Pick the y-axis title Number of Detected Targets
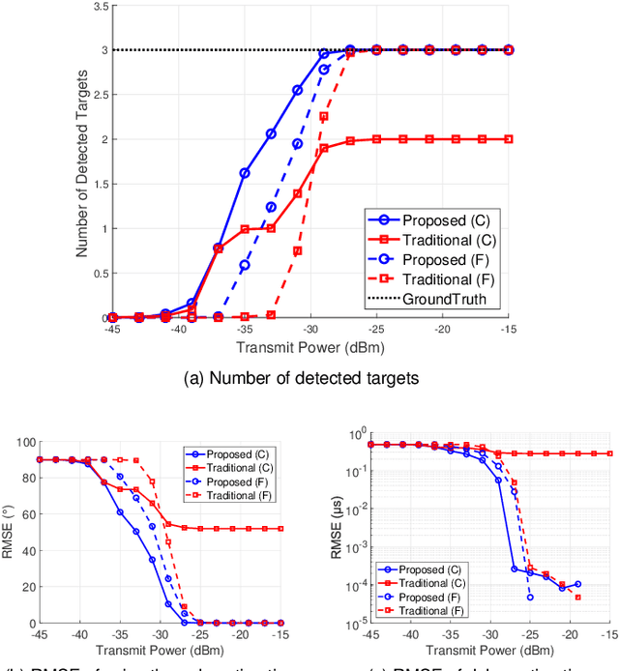tap(83, 161)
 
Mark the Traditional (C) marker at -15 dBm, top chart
tap(509, 139)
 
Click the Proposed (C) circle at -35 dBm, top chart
tap(245, 173)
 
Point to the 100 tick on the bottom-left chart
tap(24, 443)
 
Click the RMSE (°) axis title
tap(9, 533)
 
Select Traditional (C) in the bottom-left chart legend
tap(233, 467)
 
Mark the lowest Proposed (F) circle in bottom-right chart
tap(530, 598)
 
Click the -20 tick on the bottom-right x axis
tap(562, 633)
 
